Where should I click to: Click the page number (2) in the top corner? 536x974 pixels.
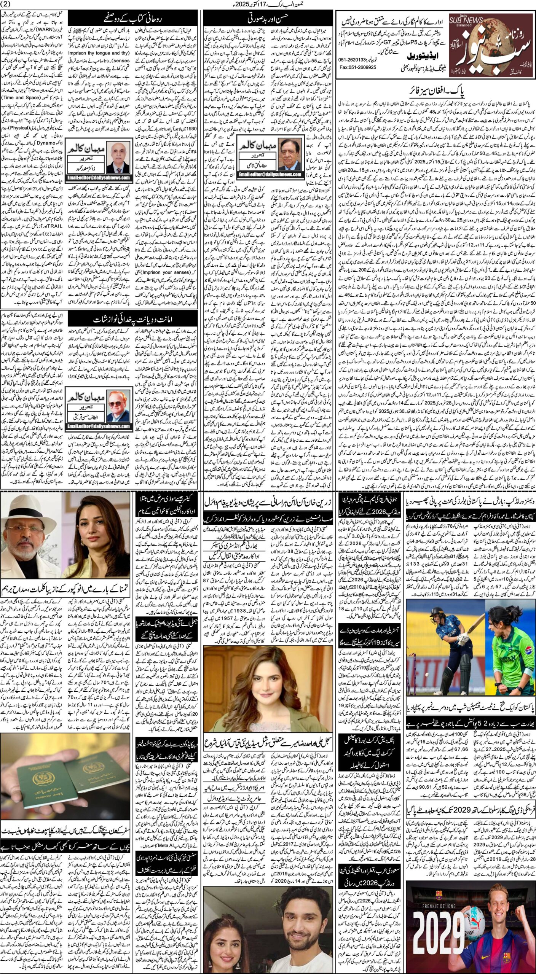coord(7,4)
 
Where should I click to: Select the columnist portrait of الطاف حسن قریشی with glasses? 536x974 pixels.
coord(118,409)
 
